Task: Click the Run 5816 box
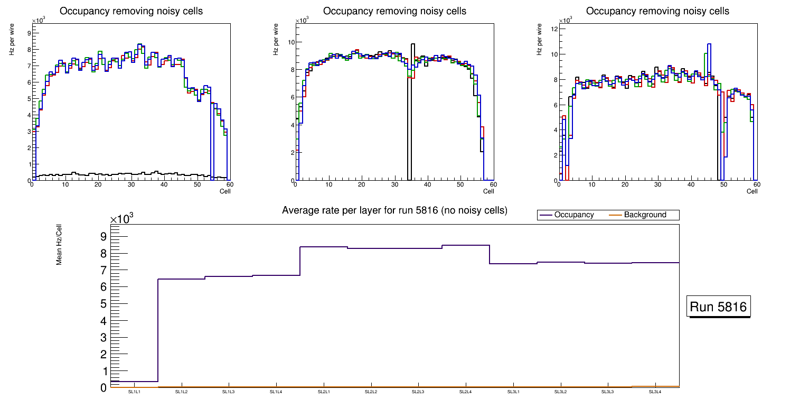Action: (719, 307)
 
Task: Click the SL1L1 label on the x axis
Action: (134, 392)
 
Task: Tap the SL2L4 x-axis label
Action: (465, 392)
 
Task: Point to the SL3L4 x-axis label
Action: (655, 392)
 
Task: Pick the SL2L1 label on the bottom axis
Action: (324, 392)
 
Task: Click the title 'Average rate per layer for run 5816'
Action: (394, 210)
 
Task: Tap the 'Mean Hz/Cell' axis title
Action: (59, 245)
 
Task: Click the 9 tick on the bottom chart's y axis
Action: (103, 236)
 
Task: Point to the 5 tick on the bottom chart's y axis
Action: (103, 304)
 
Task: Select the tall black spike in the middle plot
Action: (413, 106)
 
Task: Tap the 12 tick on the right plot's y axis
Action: (554, 29)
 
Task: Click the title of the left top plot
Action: (131, 11)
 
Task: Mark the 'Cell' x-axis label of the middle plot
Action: (488, 191)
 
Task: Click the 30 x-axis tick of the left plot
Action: (131, 184)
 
